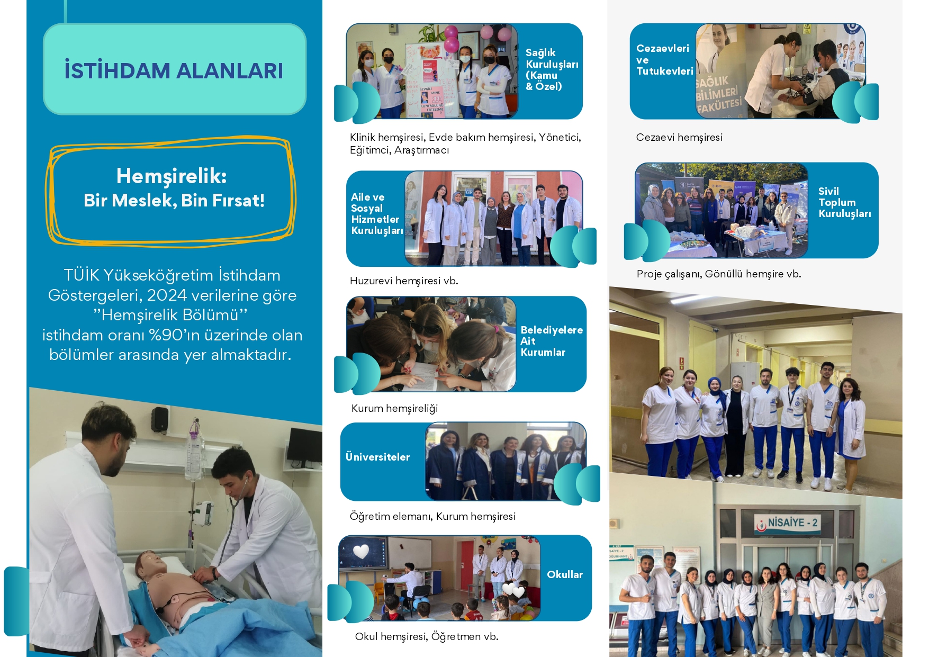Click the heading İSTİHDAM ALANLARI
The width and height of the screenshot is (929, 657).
174,71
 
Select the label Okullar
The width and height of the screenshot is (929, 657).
564,574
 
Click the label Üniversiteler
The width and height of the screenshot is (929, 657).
377,456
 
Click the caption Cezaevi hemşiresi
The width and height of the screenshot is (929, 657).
679,137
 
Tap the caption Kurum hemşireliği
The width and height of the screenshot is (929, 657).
394,408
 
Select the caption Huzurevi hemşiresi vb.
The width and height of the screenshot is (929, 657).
404,281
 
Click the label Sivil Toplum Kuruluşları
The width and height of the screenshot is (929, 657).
844,202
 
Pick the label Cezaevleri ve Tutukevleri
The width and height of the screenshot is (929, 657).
664,60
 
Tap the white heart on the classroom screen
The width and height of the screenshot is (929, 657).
361,552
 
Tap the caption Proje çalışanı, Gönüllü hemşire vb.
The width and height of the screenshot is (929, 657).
718,274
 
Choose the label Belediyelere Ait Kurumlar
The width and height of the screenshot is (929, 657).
552,341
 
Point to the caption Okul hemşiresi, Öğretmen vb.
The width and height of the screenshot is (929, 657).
427,636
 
